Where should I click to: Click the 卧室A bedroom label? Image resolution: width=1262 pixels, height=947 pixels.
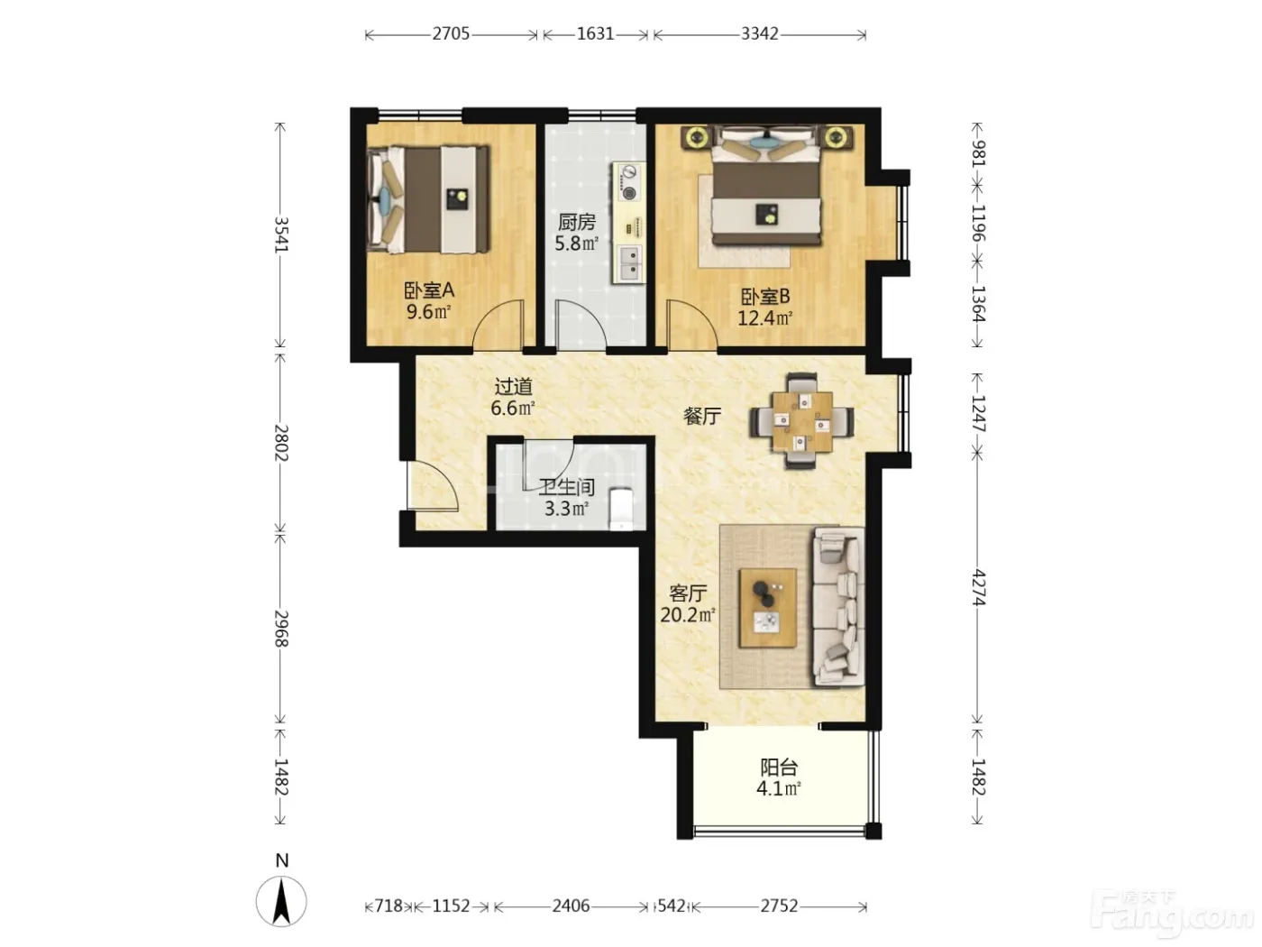tap(428, 290)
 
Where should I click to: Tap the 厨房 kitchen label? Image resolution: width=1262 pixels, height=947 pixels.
tap(577, 222)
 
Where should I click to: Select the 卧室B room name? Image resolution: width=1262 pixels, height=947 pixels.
tap(764, 297)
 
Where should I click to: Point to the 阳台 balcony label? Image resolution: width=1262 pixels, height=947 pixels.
tap(779, 767)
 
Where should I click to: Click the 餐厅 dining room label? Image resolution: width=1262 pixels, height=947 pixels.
tap(702, 415)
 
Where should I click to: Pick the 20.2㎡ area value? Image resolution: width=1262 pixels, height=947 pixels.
tap(688, 615)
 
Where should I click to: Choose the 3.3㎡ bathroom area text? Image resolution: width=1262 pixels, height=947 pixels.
tap(566, 509)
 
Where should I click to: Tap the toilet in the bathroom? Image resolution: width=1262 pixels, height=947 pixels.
tap(621, 509)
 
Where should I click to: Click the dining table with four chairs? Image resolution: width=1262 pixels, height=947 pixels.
tap(801, 421)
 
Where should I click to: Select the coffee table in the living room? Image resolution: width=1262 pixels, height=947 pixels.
tap(767, 608)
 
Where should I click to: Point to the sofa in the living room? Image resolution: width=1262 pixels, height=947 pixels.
tap(837, 607)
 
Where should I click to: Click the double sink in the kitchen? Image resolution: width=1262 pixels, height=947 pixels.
tap(631, 262)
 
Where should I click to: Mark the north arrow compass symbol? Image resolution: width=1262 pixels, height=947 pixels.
tap(281, 901)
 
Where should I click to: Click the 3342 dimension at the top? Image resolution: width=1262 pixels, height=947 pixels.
tap(760, 34)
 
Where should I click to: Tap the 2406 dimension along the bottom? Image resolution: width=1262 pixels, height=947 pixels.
tap(571, 906)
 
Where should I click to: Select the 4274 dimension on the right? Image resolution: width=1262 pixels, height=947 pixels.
tap(978, 588)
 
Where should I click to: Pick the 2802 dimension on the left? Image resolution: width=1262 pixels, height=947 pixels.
tap(280, 443)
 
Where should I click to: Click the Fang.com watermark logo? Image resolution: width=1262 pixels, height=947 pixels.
tap(1172, 915)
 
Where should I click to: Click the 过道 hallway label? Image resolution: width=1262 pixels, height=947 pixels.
tap(514, 387)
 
